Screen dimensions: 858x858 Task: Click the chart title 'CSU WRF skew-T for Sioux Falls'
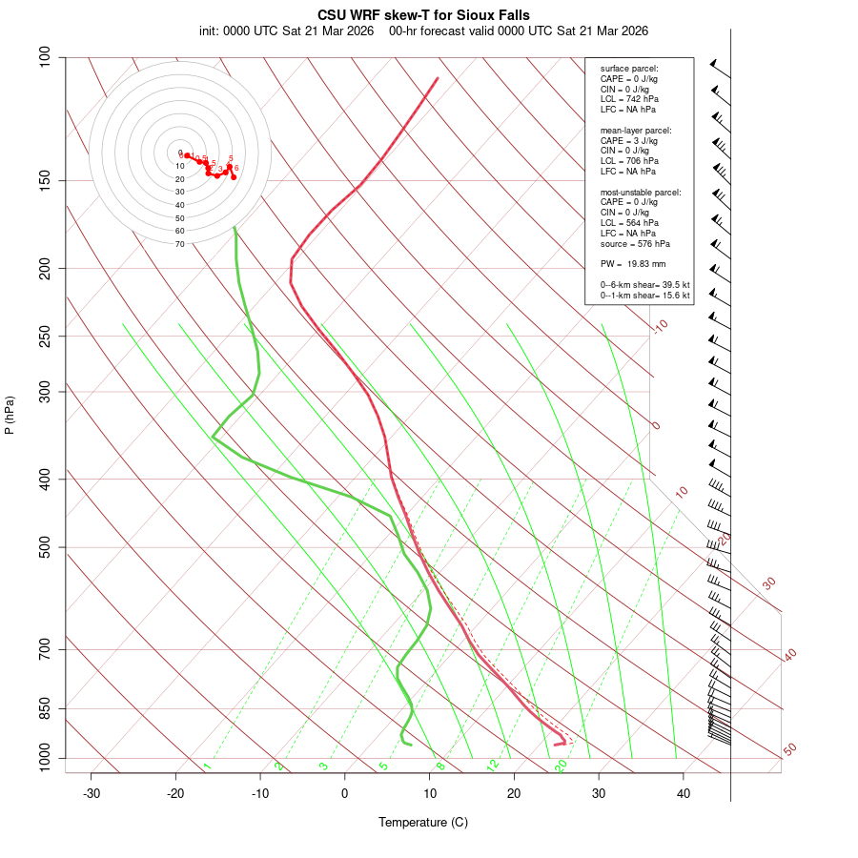tap(423, 15)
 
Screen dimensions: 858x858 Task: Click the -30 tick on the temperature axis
tap(92, 793)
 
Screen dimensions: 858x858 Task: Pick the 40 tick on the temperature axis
tap(684, 793)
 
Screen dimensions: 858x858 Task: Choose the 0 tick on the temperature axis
tap(345, 793)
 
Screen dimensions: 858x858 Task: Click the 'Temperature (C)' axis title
tap(423, 822)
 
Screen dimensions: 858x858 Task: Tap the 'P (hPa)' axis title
tap(10, 415)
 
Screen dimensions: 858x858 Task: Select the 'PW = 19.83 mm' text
tap(632, 264)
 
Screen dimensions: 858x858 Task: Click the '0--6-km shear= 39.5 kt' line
tap(644, 284)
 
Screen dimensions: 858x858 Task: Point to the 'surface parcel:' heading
tap(629, 69)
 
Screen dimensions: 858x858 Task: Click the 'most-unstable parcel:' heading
tap(641, 193)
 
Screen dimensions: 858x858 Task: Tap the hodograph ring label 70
tap(179, 244)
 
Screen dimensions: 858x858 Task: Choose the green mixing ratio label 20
tap(562, 765)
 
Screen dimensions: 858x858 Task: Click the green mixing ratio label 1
tap(207, 766)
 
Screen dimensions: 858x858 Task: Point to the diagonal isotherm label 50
tap(789, 750)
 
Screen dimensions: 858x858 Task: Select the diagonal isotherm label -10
tap(660, 326)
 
